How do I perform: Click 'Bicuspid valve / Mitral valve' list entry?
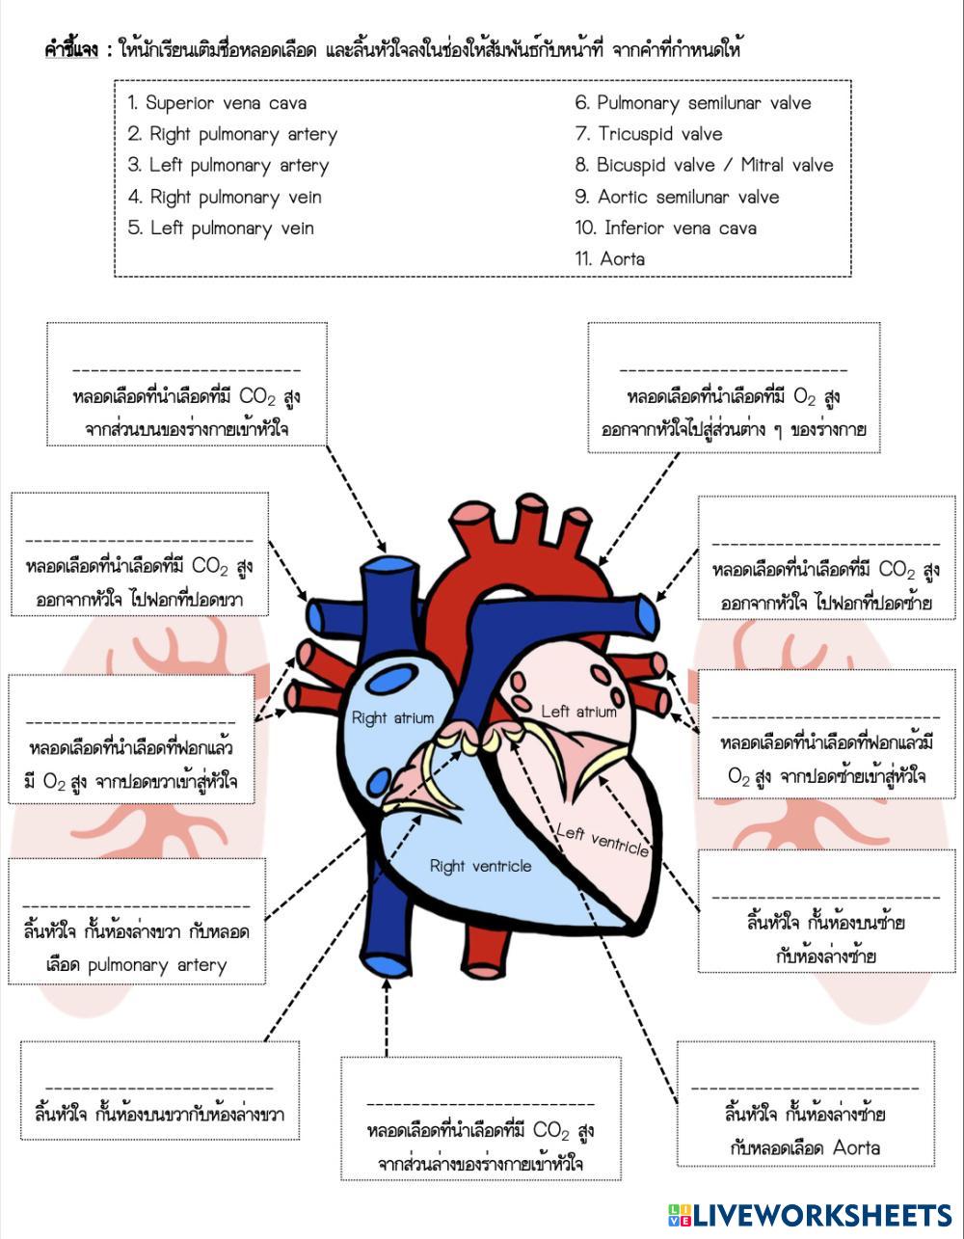click(x=704, y=165)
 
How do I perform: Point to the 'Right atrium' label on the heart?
click(x=392, y=717)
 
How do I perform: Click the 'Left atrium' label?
click(x=578, y=712)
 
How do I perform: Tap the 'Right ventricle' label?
click(x=480, y=866)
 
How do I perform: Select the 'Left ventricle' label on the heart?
click(x=602, y=840)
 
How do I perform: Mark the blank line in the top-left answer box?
click(x=186, y=369)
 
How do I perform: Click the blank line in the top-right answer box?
click(x=733, y=369)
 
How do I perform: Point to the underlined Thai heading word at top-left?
click(x=71, y=49)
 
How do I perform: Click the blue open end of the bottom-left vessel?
click(x=385, y=964)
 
